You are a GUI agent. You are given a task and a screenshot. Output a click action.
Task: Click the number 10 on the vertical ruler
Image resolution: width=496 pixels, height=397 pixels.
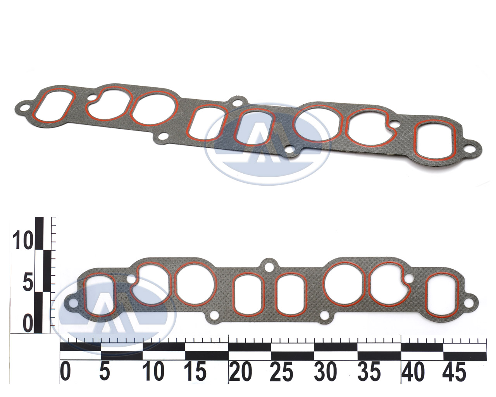point(22,240)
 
